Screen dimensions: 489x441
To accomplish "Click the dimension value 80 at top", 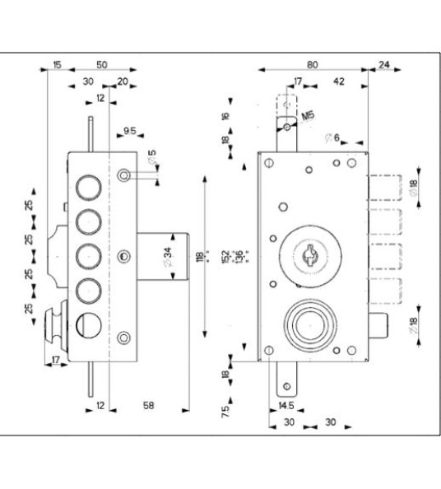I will coord(313,63).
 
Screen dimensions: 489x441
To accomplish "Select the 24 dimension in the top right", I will coord(384,63).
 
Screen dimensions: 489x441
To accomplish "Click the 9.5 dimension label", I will coord(130,131).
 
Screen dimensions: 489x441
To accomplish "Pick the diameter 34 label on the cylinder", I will coord(167,257).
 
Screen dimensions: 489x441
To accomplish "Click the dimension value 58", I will coord(148,405).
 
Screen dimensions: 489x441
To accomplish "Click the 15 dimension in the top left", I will coord(57,63).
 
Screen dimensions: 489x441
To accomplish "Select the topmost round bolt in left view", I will coord(86,188).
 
